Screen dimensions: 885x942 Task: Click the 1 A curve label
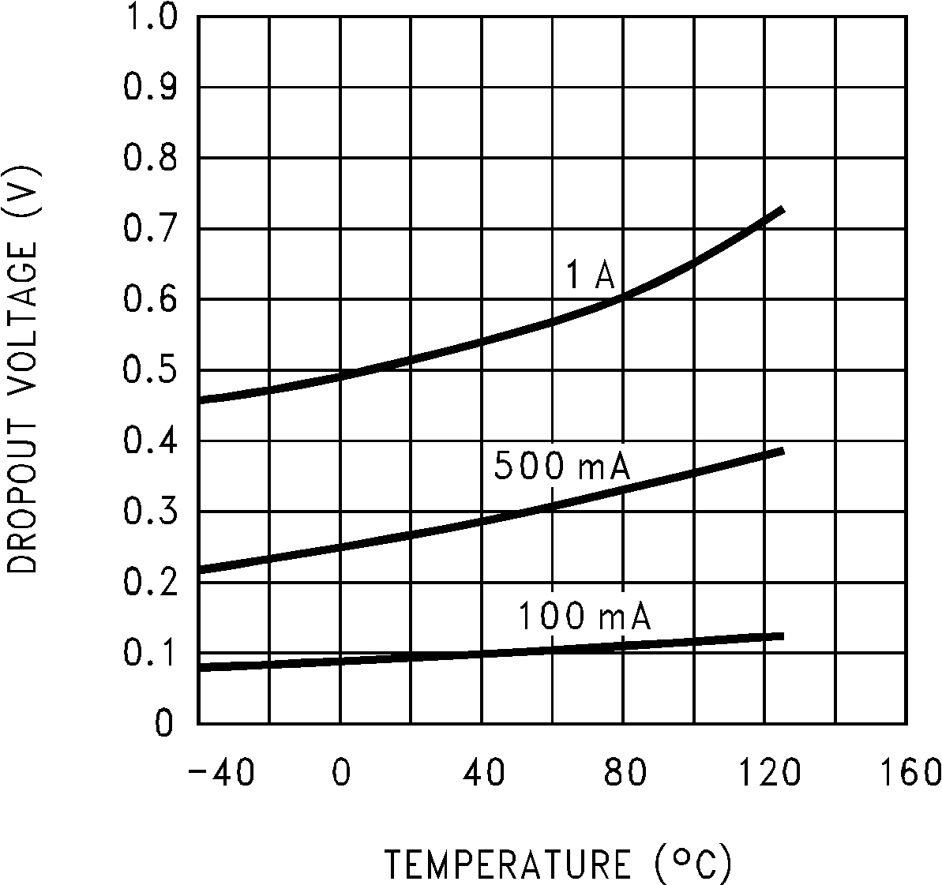coord(590,276)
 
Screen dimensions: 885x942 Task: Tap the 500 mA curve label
coord(561,467)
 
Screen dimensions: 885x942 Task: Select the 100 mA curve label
coord(584,617)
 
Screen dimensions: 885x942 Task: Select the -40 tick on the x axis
coord(221,772)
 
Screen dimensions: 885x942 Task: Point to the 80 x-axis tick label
coord(624,772)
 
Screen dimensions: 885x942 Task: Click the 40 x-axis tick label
coord(482,772)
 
